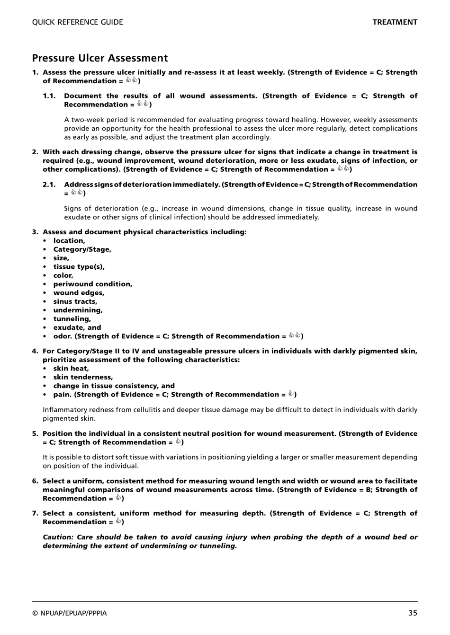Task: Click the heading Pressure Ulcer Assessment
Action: pos(100,58)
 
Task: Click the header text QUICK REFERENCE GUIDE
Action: pos(78,22)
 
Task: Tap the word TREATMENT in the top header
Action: pos(395,22)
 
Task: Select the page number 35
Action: pos(413,613)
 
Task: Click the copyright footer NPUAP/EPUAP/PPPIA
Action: pos(70,613)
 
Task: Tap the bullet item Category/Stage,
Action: pos(82,249)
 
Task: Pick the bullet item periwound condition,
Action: pos(92,284)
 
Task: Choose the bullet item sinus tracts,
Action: pos(75,301)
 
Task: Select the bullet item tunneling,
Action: pos(72,319)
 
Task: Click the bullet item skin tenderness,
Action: pos(83,377)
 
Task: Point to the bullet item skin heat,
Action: pos(71,369)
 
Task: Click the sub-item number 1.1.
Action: pos(49,96)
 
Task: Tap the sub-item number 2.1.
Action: pos(49,185)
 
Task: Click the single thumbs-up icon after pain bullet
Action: pos(291,394)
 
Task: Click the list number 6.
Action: pos(35,481)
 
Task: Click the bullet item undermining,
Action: pos(78,310)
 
